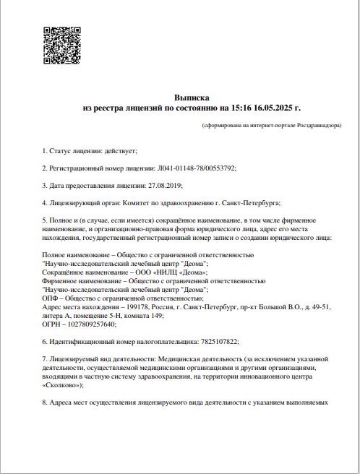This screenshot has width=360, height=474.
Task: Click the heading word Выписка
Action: pyautogui.click(x=192, y=96)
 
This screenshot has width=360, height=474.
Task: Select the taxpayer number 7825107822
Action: pyautogui.click(x=217, y=341)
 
